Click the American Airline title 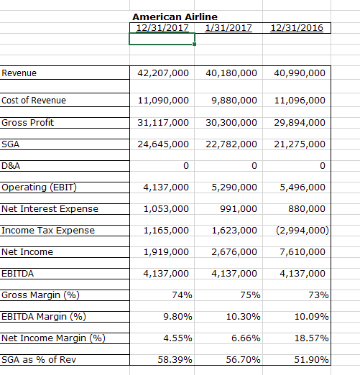click(x=175, y=17)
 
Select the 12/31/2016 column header click(x=296, y=28)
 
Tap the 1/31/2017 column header click(x=228, y=28)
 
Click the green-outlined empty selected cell click(x=162, y=40)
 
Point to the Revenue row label click(x=19, y=73)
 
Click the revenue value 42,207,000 click(x=163, y=73)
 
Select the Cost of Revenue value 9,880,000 click(x=231, y=101)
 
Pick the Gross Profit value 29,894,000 click(x=300, y=123)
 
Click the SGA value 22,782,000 click(x=231, y=145)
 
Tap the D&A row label click(x=11, y=167)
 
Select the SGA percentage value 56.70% click(x=243, y=360)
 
